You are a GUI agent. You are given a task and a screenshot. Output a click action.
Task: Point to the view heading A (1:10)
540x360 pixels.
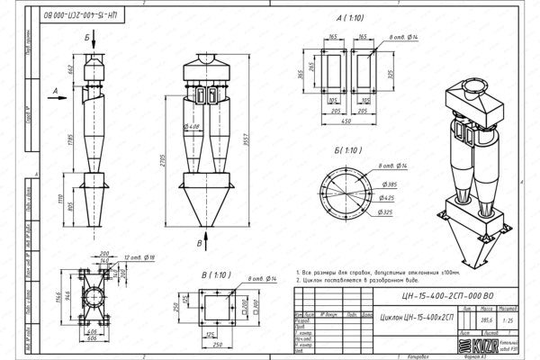(x=352, y=17)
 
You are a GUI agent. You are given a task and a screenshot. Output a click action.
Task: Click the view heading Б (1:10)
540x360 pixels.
(x=346, y=150)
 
